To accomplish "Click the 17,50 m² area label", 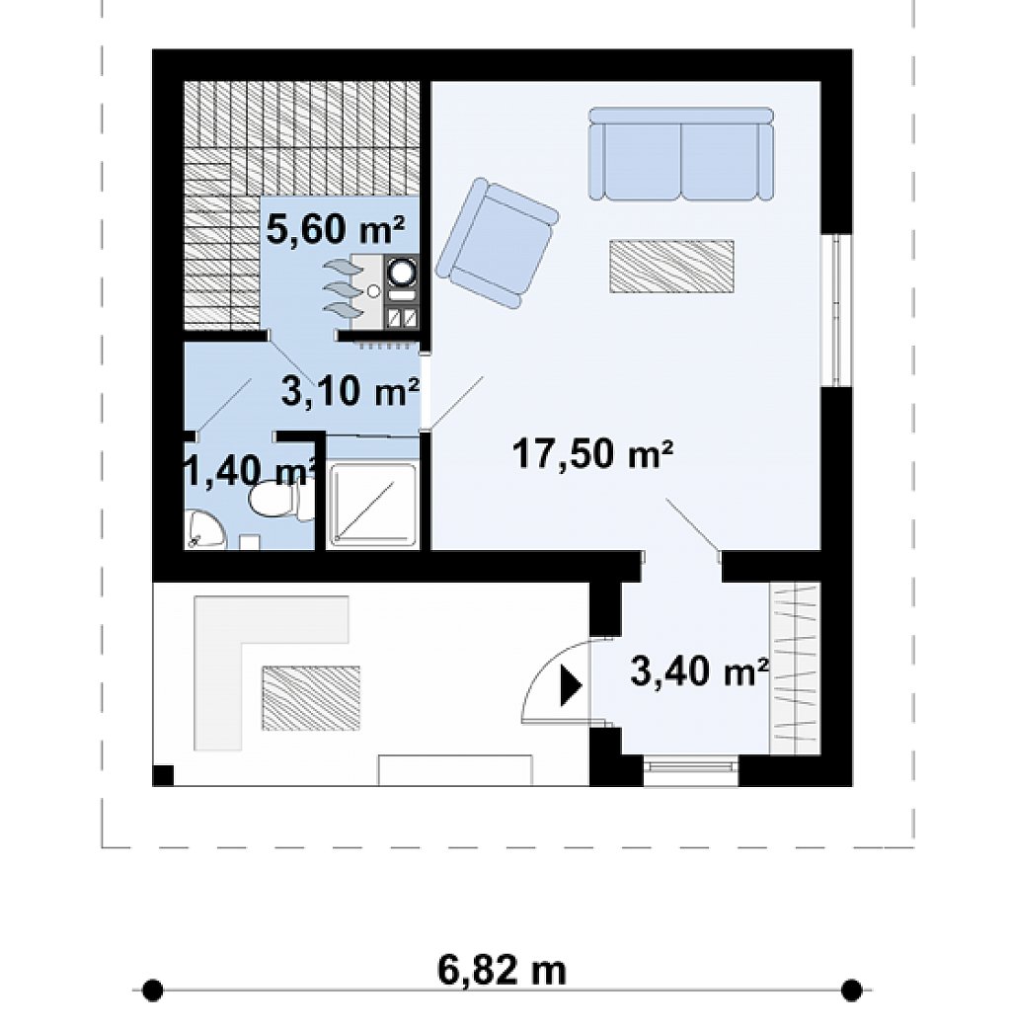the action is point(592,453).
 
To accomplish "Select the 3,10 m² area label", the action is point(350,391).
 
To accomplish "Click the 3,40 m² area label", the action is point(699,672).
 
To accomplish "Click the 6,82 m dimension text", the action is point(502,971).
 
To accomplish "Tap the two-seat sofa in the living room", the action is point(680,154).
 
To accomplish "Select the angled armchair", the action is point(498,243).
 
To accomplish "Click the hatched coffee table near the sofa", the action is point(671,266).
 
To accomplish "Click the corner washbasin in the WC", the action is point(203,530).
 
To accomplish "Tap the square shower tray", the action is point(372,505).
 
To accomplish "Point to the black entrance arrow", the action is point(571,686).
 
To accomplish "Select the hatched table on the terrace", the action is point(311,698).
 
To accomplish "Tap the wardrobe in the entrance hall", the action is point(795,669).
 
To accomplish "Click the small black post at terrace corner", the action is point(163,775).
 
